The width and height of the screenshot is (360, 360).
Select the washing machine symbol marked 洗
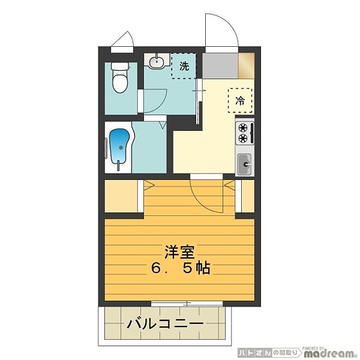pos(184,67)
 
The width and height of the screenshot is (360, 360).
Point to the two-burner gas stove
pos(244,133)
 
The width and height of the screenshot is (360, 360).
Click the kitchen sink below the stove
pos(245,163)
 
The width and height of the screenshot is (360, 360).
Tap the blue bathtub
pos(119,148)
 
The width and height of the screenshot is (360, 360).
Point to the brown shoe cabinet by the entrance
pos(247,63)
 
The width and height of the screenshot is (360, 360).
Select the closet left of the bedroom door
pos(123,196)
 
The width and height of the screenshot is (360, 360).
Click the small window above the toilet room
pos(123,40)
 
